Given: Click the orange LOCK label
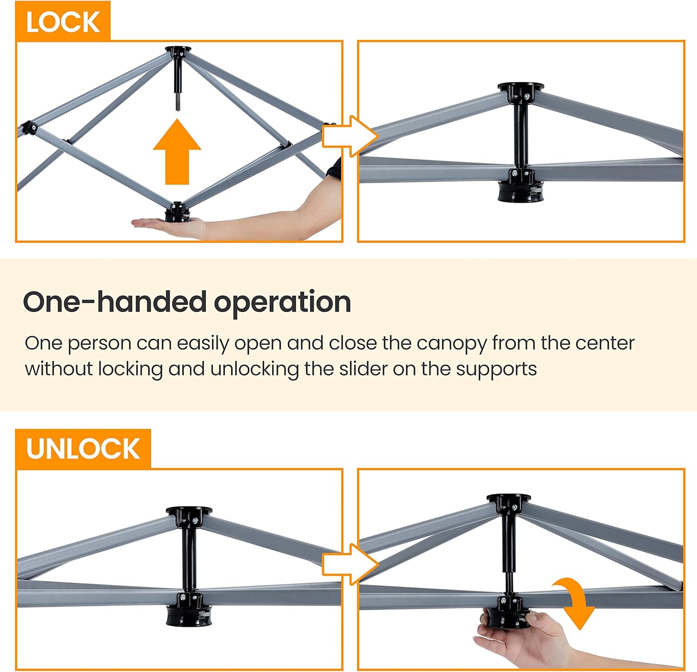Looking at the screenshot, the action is pyautogui.click(x=63, y=21).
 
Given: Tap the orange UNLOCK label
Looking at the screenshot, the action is pyautogui.click(x=83, y=449).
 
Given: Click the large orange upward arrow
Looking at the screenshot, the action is pyautogui.click(x=177, y=152).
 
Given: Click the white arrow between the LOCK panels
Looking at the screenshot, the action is pyautogui.click(x=350, y=136).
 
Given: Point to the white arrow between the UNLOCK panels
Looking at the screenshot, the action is pyautogui.click(x=350, y=564).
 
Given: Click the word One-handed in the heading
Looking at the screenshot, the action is pyautogui.click(x=114, y=302).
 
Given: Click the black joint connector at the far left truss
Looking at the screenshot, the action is pyautogui.click(x=28, y=127).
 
